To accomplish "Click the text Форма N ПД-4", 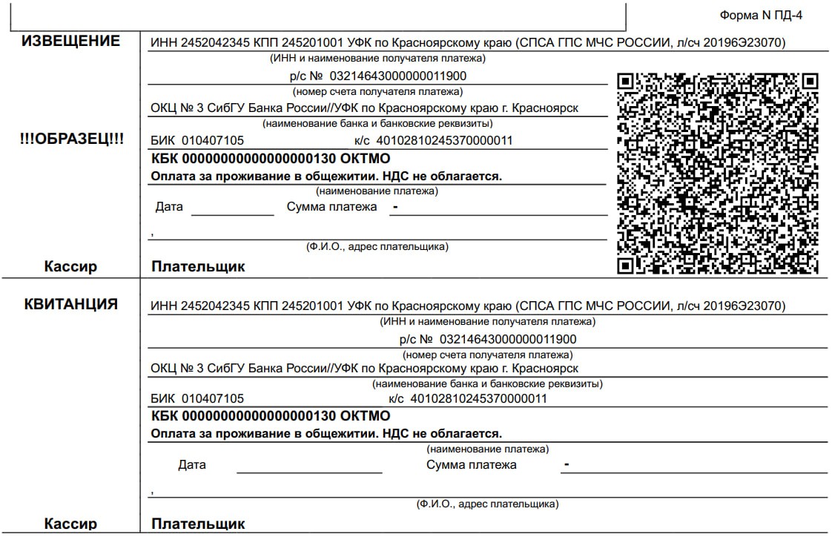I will (761, 15).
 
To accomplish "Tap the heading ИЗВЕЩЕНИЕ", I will (70, 41).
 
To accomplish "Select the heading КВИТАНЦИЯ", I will (70, 303).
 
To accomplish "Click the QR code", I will (718, 173).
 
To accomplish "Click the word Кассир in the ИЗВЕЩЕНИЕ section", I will (70, 266).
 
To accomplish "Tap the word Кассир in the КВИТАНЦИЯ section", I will (70, 524).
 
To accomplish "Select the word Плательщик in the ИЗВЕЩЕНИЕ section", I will (198, 266).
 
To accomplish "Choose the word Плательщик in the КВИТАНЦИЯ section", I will (198, 524).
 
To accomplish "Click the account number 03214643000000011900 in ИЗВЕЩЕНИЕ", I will (397, 76).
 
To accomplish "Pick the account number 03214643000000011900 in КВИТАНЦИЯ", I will (508, 339).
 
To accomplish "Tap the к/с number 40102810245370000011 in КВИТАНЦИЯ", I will (478, 398).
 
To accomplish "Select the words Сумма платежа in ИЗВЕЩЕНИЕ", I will (331, 207).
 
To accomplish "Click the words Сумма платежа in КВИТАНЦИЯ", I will (471, 465).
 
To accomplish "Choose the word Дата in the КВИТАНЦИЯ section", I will (192, 465).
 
